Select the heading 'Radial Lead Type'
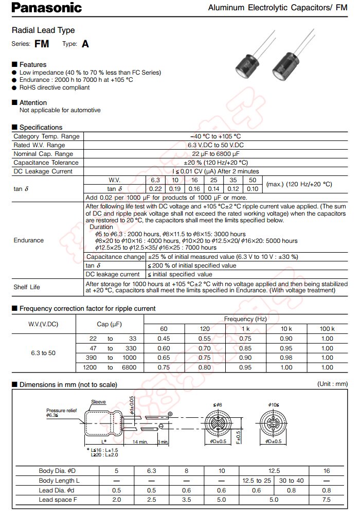tap(43, 31)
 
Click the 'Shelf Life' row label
tap(27, 287)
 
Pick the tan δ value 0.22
tap(155, 189)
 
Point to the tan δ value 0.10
tap(252, 189)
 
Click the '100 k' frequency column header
tap(327, 329)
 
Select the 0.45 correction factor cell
tap(164, 339)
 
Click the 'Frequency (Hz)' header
tap(245, 319)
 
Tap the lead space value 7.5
tap(327, 499)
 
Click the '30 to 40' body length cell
tap(291, 480)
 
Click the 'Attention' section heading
tap(33, 102)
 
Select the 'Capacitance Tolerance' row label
tap(46, 163)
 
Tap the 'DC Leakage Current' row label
tap(43, 171)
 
